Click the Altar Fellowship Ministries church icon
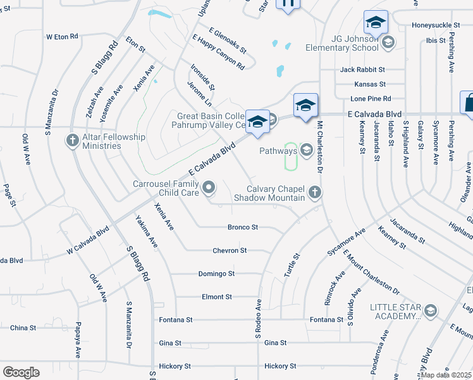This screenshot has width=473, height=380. (73, 140)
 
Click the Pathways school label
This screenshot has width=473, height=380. (278, 151)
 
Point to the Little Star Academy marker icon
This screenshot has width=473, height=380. (431, 310)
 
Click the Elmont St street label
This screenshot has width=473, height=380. (217, 296)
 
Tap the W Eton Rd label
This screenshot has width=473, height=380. (62, 37)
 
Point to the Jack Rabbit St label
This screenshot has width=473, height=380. (362, 70)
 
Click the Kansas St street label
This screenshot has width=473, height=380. (370, 84)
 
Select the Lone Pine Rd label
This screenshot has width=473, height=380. (371, 99)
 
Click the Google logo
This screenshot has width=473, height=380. (21, 372)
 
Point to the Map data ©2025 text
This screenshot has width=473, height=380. (446, 375)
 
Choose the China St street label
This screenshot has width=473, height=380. (23, 328)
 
